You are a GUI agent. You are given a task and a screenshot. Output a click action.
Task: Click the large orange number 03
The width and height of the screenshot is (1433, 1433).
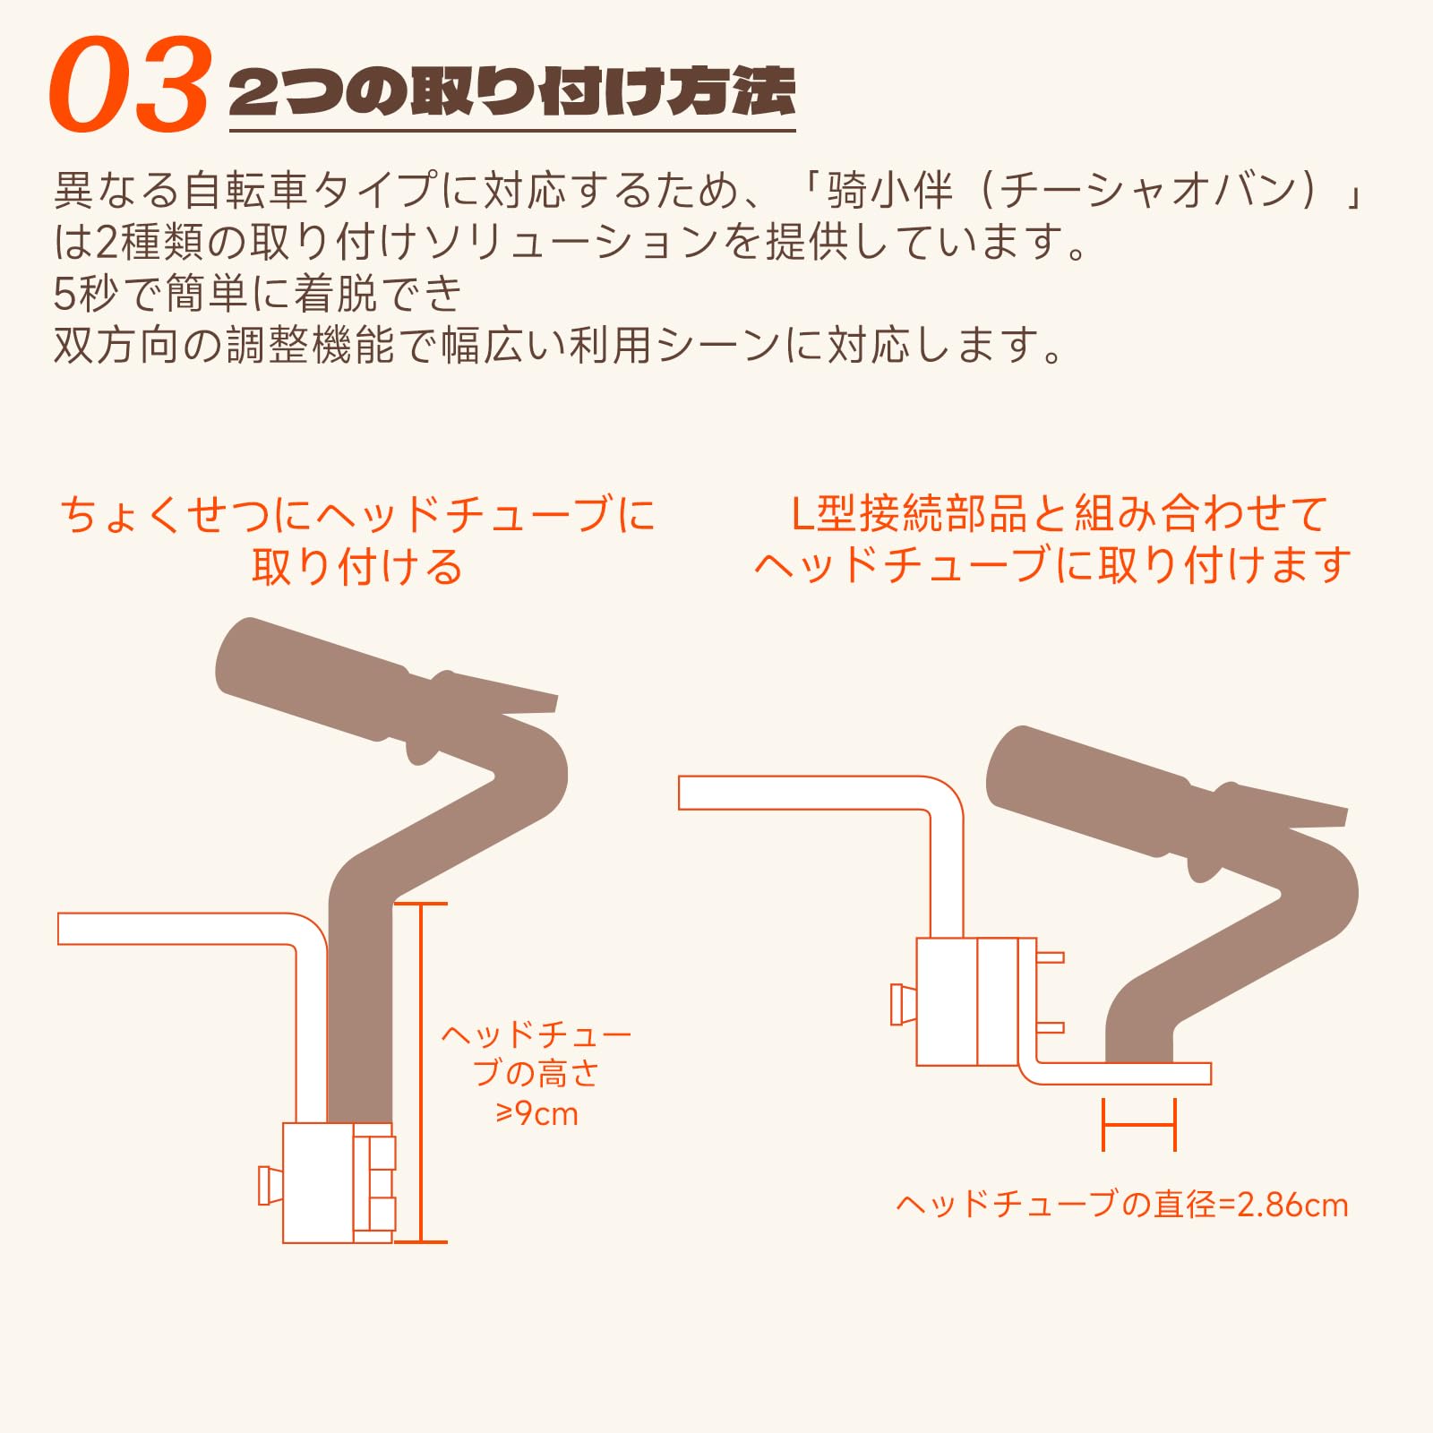coord(130,85)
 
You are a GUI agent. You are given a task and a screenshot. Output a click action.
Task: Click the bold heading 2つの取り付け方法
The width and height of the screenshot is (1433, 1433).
coord(511,91)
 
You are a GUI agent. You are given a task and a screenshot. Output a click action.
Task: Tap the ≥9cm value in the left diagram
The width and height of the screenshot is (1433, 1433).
coord(536,1113)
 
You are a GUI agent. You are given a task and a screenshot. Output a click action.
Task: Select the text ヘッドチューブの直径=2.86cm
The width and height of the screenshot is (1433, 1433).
coord(1121,1204)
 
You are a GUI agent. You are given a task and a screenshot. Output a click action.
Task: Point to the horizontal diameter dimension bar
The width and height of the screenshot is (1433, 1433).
coord(1138,1123)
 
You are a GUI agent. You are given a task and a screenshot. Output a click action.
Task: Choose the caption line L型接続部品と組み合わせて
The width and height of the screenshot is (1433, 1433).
coord(1060,514)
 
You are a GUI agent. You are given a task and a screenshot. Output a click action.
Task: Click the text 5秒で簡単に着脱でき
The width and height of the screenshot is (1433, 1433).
coord(258,293)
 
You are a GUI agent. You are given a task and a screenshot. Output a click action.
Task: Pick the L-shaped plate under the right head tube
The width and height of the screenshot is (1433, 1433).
coord(1120,1074)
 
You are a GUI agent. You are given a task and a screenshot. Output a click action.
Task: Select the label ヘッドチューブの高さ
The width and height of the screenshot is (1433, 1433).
coord(536,1053)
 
